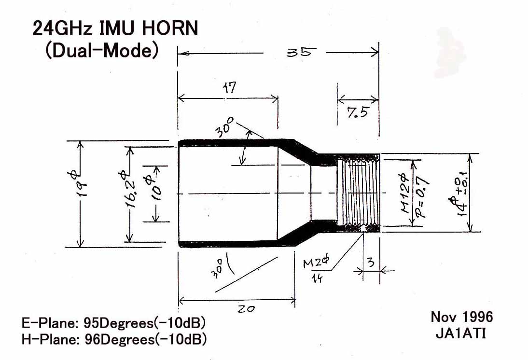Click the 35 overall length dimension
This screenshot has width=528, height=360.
click(301, 53)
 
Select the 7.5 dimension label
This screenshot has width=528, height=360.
click(358, 112)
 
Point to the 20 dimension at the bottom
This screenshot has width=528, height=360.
click(246, 308)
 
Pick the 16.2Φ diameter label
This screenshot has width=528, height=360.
click(126, 189)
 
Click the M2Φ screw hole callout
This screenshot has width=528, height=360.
click(316, 262)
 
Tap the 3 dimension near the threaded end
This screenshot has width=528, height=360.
click(371, 262)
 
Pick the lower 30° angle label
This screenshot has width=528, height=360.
click(217, 268)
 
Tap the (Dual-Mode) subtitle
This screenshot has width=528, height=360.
click(102, 50)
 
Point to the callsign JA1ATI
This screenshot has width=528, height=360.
click(460, 333)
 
